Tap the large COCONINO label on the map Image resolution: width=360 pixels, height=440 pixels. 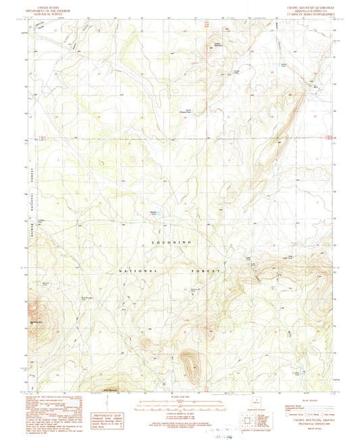coord(164,241)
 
